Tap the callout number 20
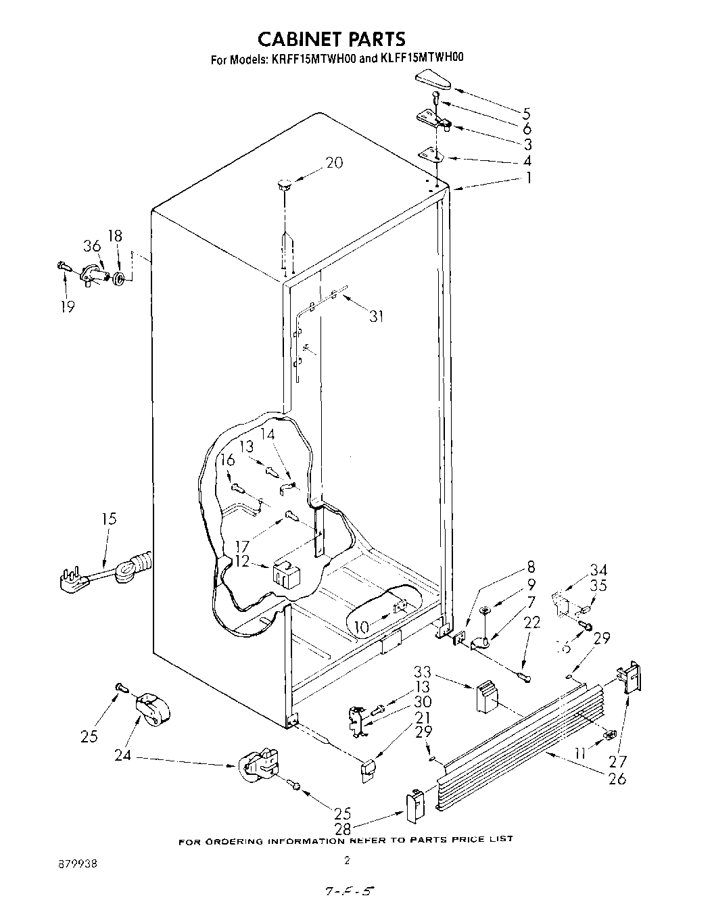coord(333,163)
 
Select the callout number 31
coord(377,316)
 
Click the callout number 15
coord(109,519)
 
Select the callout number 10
coord(362,628)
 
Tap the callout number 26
coord(617,779)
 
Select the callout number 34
coord(598,570)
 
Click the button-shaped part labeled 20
coord(283,183)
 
